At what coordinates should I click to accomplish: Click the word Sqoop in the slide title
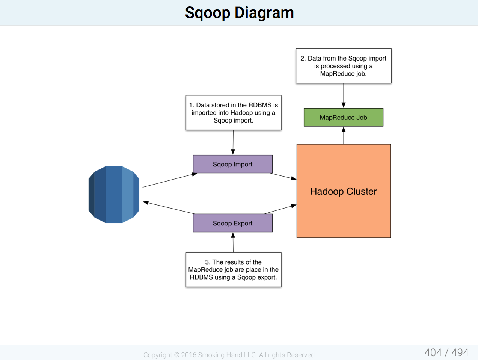[207, 13]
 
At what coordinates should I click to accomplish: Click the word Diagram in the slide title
[264, 13]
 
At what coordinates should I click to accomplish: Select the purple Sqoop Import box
[232, 164]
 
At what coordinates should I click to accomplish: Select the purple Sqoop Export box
[232, 223]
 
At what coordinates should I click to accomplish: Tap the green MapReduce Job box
[344, 117]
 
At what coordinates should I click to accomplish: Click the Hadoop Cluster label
[344, 191]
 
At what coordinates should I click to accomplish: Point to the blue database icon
[114, 195]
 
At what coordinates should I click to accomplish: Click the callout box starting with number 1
[234, 113]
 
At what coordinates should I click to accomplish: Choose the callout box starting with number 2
[344, 66]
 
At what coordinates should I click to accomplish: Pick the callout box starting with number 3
[234, 269]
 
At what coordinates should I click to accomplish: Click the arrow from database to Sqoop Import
[170, 180]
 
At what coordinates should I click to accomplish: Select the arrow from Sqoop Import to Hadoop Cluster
[283, 176]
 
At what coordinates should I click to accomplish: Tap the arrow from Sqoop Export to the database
[168, 208]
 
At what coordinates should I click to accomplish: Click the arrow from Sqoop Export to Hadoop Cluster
[280, 209]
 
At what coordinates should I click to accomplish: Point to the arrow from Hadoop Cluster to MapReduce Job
[344, 135]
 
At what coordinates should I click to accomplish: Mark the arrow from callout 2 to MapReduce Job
[344, 96]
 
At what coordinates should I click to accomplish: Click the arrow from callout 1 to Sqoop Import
[233, 142]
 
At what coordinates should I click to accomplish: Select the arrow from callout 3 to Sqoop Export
[233, 242]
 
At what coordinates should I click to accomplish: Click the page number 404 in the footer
[433, 352]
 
